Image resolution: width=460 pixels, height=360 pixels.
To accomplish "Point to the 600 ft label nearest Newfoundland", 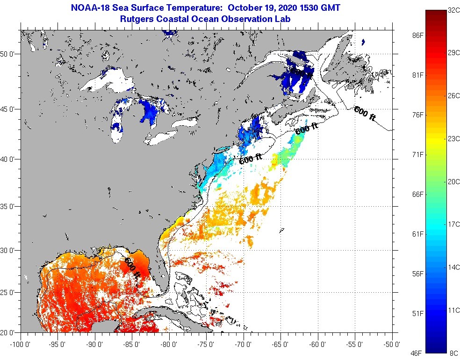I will [365, 113].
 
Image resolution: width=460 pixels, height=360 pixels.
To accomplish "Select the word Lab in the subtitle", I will [283, 19].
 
